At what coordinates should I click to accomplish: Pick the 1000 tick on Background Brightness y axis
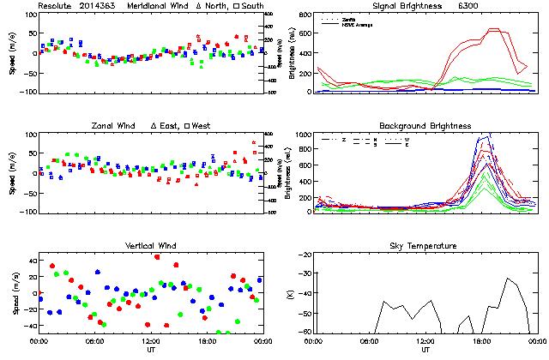pos(303,135)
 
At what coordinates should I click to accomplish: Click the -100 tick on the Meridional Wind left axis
pos(26,92)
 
